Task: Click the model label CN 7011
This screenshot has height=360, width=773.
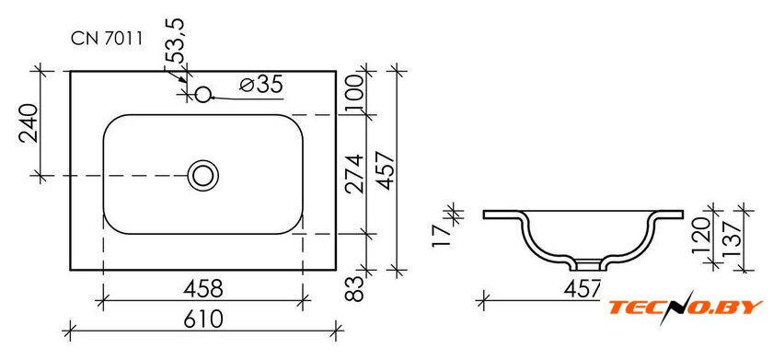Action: [107, 39]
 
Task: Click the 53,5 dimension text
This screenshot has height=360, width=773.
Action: [175, 41]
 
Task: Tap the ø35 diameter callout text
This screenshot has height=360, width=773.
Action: [261, 85]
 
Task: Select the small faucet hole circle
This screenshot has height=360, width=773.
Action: [202, 94]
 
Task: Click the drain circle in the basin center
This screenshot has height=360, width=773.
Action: [202, 176]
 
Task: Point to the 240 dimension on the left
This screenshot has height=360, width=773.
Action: [29, 123]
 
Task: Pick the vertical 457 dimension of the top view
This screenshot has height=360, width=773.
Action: [386, 170]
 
